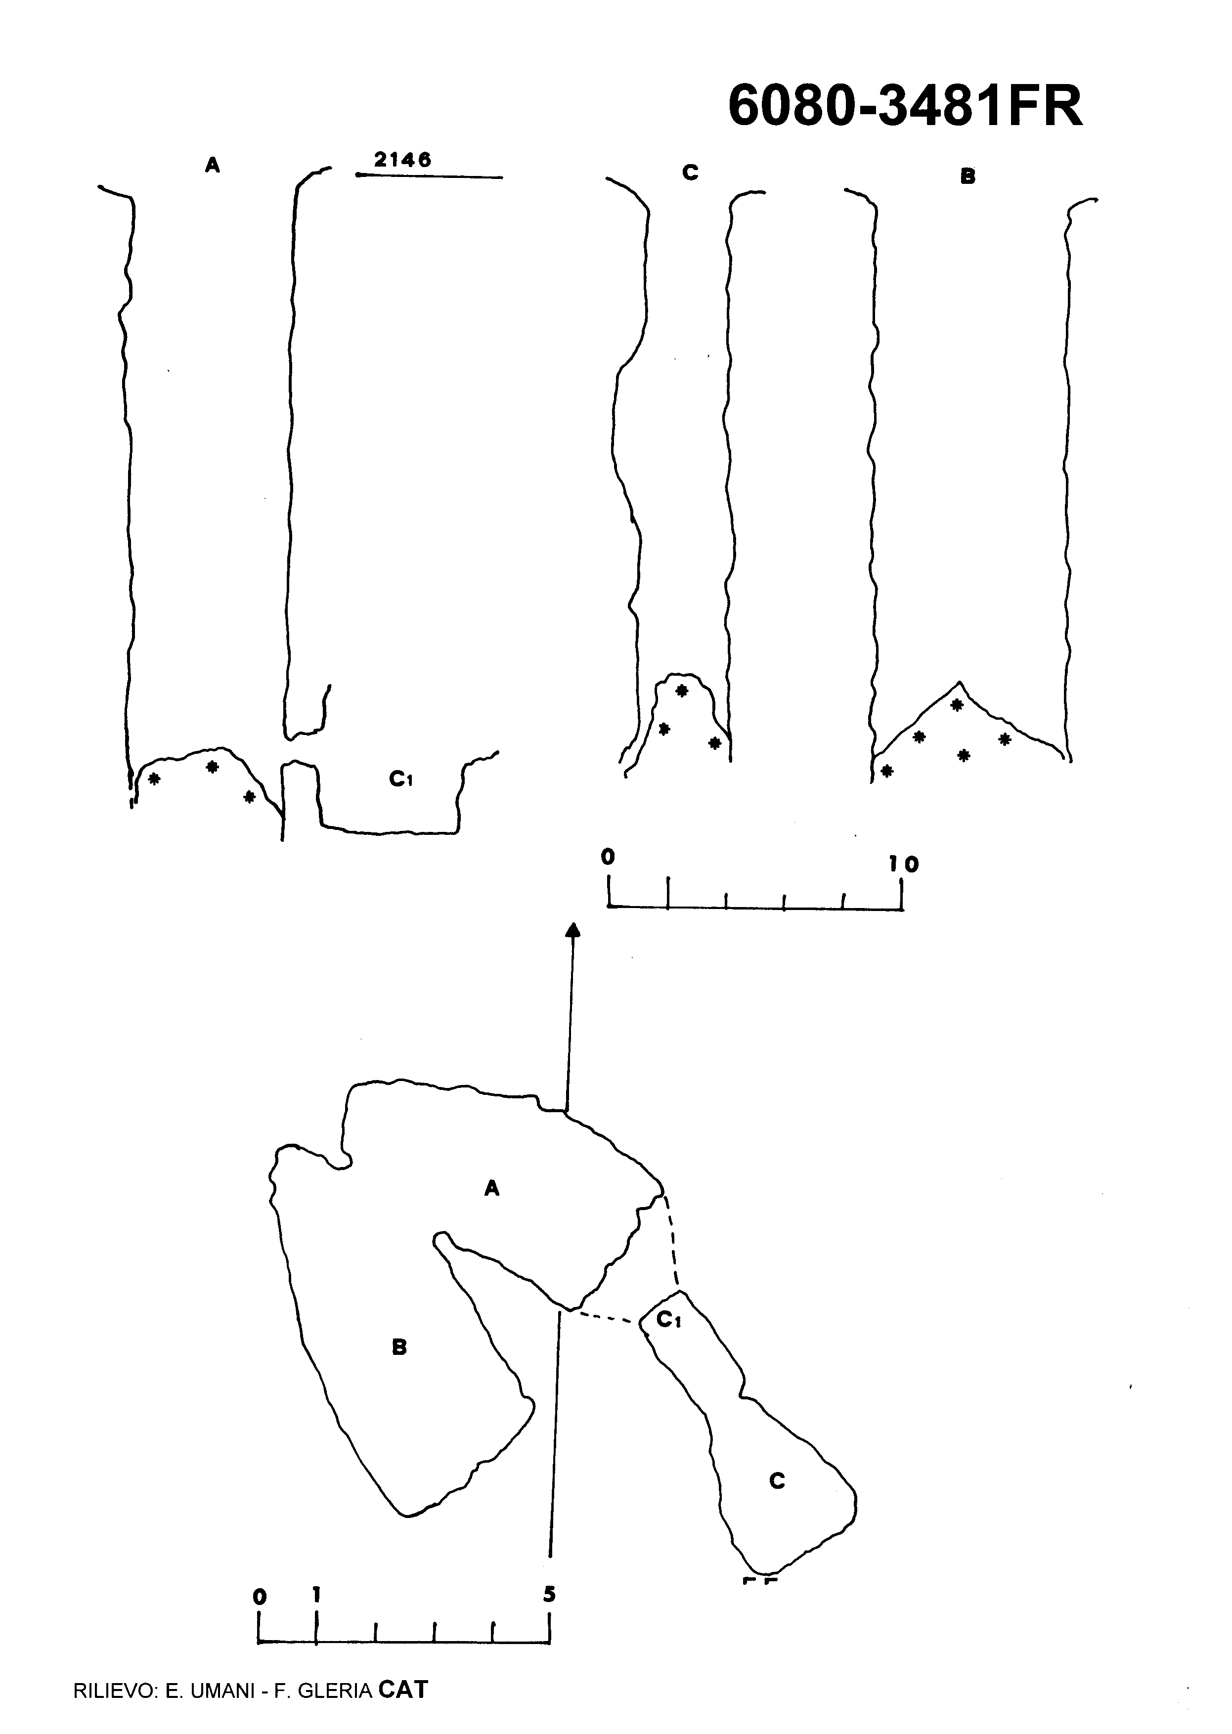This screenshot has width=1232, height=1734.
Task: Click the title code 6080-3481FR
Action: (905, 106)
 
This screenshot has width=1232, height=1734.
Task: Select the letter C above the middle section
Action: (690, 173)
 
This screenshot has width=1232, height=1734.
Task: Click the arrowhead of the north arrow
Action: (573, 931)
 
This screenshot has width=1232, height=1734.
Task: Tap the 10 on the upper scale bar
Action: (904, 864)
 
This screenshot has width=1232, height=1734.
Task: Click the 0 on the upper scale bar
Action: (608, 857)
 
